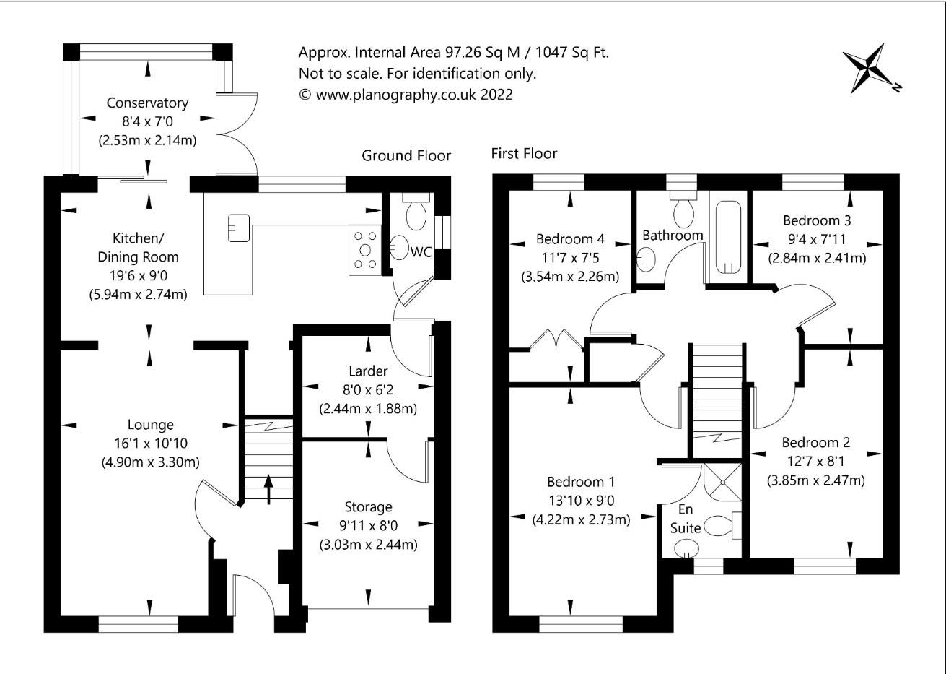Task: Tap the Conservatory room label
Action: (147, 103)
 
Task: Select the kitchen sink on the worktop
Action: (239, 228)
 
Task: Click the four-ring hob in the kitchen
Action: (365, 250)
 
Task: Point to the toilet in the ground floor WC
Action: (416, 212)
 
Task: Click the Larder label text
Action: (368, 371)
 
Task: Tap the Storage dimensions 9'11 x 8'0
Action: (368, 525)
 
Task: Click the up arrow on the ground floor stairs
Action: (268, 490)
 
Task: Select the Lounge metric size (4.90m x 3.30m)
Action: (150, 462)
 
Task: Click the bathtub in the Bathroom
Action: (729, 237)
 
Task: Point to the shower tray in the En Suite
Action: (722, 482)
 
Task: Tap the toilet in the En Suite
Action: (723, 526)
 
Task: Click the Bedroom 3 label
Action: (817, 220)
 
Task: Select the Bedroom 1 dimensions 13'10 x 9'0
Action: (581, 501)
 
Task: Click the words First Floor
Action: (524, 153)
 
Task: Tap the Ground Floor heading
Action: (406, 155)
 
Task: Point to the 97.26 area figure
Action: (463, 53)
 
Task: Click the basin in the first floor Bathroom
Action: (646, 259)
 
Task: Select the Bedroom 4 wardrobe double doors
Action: (556, 341)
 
